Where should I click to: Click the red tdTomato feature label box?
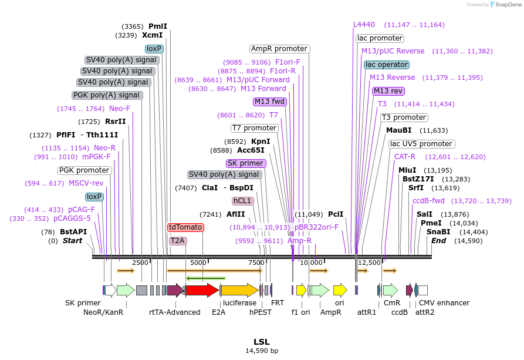tap(185, 227)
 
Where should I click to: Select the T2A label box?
tap(177, 240)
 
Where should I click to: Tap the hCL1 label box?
tap(242, 201)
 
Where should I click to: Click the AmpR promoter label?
tap(279, 49)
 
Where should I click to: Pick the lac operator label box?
tap(386, 65)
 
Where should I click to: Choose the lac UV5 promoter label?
tap(421, 144)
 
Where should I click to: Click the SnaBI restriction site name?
tap(438, 232)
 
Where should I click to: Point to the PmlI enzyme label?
tap(158, 26)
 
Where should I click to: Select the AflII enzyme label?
tap(235, 214)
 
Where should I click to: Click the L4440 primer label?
tap(364, 25)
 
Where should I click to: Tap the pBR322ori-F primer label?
tap(316, 227)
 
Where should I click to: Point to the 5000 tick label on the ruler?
tap(198, 263)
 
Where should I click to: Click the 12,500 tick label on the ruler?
tap(370, 263)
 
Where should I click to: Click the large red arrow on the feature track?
tap(202, 290)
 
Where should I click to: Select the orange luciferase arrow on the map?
tap(239, 290)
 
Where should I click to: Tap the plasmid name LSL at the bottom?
tap(262, 342)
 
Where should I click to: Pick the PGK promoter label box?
tap(85, 170)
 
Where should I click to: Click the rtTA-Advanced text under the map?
tap(175, 312)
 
